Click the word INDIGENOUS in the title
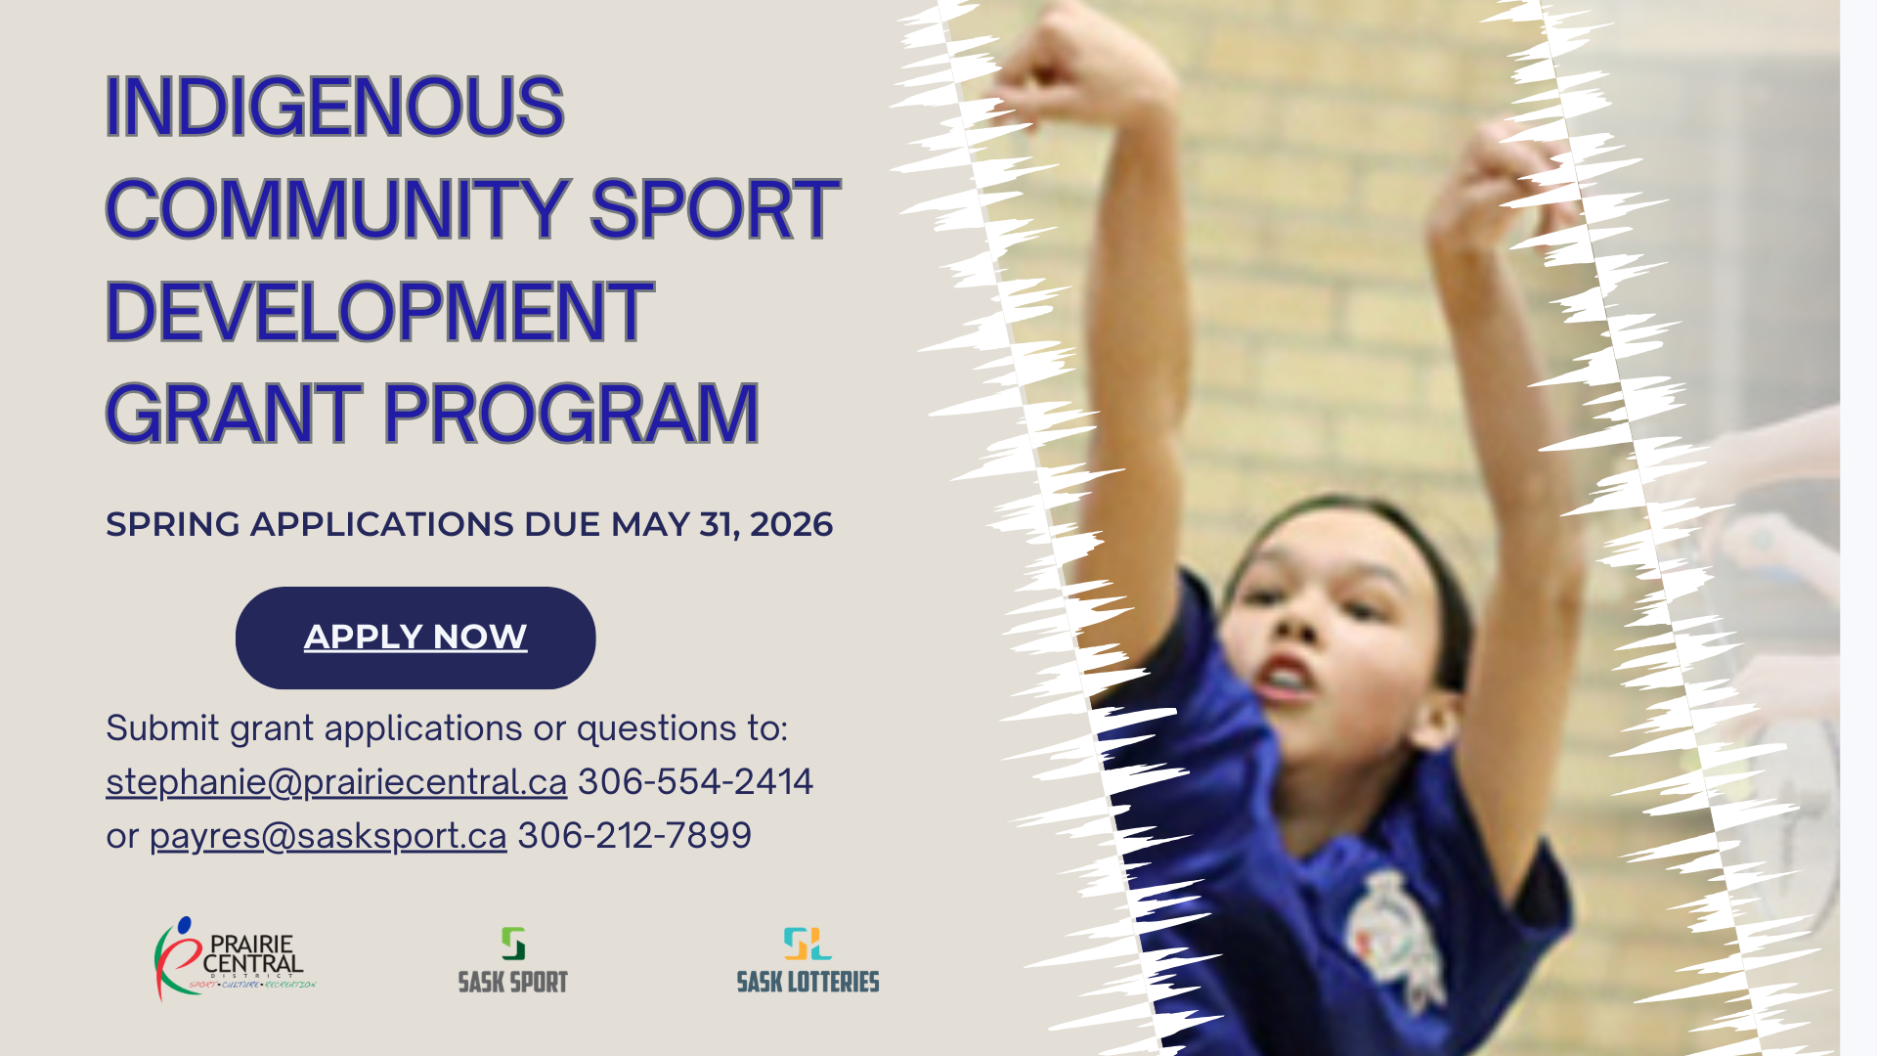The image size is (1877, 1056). [334, 106]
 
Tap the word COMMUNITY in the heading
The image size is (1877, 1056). [337, 209]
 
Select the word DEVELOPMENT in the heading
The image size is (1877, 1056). [379, 312]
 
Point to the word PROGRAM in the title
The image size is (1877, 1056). [571, 414]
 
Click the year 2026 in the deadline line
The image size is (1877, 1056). [791, 525]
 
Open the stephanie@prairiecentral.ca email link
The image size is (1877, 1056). [336, 782]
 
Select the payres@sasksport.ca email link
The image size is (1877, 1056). [327, 836]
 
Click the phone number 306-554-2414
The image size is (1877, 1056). [695, 781]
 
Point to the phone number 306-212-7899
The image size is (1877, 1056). [634, 835]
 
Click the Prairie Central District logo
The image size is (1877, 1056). [235, 959]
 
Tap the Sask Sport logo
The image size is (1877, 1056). [513, 960]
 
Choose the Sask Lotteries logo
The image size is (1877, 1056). [808, 960]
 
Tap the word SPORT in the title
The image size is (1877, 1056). [715, 209]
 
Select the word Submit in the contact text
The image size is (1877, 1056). [162, 728]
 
